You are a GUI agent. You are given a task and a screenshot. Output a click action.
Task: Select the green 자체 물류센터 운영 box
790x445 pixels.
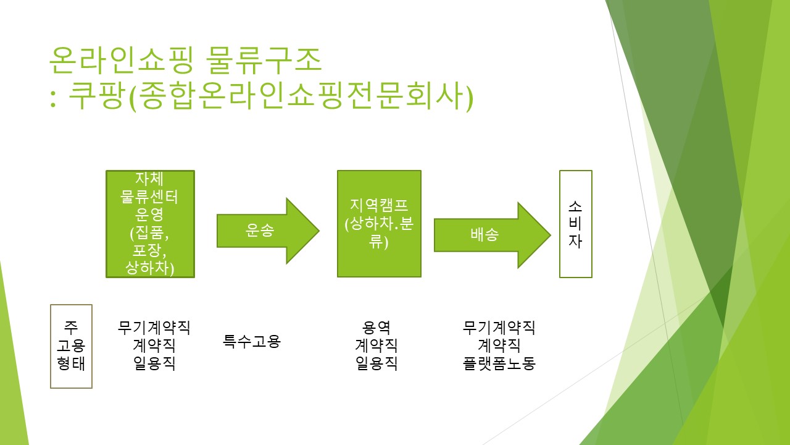click(x=150, y=224)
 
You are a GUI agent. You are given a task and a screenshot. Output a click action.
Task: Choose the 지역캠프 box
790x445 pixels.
click(x=379, y=224)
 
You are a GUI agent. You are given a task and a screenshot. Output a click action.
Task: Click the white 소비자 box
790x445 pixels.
click(x=575, y=224)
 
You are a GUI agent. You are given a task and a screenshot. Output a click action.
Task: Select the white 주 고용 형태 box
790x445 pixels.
click(x=71, y=345)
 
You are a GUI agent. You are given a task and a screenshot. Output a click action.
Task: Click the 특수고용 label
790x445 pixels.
click(x=252, y=341)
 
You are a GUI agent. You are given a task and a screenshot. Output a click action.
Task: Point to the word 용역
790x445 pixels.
click(x=376, y=328)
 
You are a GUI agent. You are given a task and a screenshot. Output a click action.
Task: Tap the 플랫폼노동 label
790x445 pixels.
click(x=499, y=363)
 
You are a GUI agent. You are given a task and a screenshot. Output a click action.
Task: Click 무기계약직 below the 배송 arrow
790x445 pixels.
click(x=499, y=328)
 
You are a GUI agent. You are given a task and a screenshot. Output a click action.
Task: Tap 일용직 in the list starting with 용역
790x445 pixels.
click(x=376, y=363)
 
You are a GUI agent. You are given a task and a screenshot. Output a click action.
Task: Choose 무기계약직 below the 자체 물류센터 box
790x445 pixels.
click(x=154, y=328)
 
